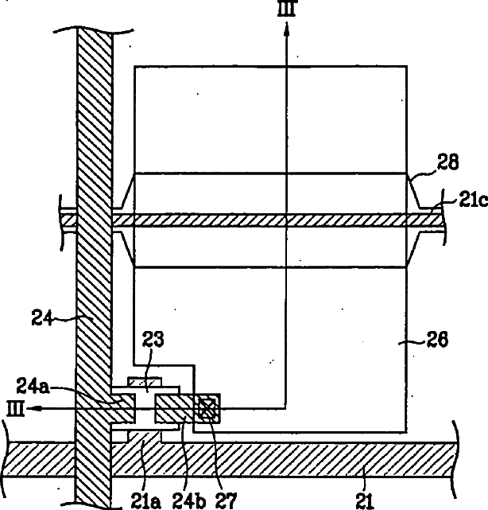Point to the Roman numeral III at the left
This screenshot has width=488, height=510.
[13, 408]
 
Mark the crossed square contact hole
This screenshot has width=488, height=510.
[208, 408]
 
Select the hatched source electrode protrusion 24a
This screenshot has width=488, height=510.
[122, 408]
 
